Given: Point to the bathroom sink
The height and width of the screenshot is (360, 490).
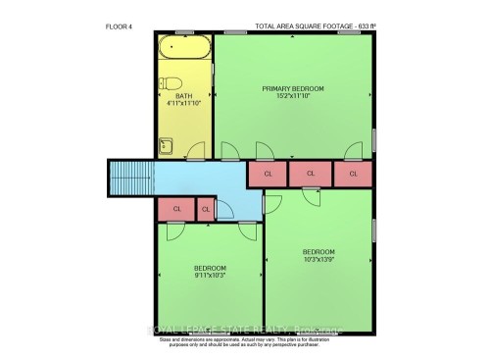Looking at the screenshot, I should (x=166, y=146).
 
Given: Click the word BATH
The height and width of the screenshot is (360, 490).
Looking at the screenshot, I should (x=184, y=96).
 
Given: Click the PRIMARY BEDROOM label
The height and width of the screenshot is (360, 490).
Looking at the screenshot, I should (x=293, y=88).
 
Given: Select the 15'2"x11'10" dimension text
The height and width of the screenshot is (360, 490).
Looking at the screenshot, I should (x=293, y=96).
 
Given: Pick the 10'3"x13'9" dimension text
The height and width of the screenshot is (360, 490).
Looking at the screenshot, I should (x=318, y=260).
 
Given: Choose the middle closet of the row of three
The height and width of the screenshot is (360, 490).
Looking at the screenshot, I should (x=310, y=175).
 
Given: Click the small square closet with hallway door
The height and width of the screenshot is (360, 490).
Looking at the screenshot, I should (x=206, y=209).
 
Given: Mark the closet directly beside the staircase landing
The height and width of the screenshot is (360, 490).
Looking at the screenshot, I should (x=176, y=209).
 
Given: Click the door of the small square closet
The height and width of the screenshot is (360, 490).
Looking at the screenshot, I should (x=222, y=208).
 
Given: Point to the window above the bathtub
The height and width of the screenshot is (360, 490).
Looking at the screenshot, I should (x=184, y=34).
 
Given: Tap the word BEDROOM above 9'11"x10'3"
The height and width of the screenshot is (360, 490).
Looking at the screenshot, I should (x=209, y=268).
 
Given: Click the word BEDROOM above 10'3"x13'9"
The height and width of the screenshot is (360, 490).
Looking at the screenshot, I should (x=318, y=252).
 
